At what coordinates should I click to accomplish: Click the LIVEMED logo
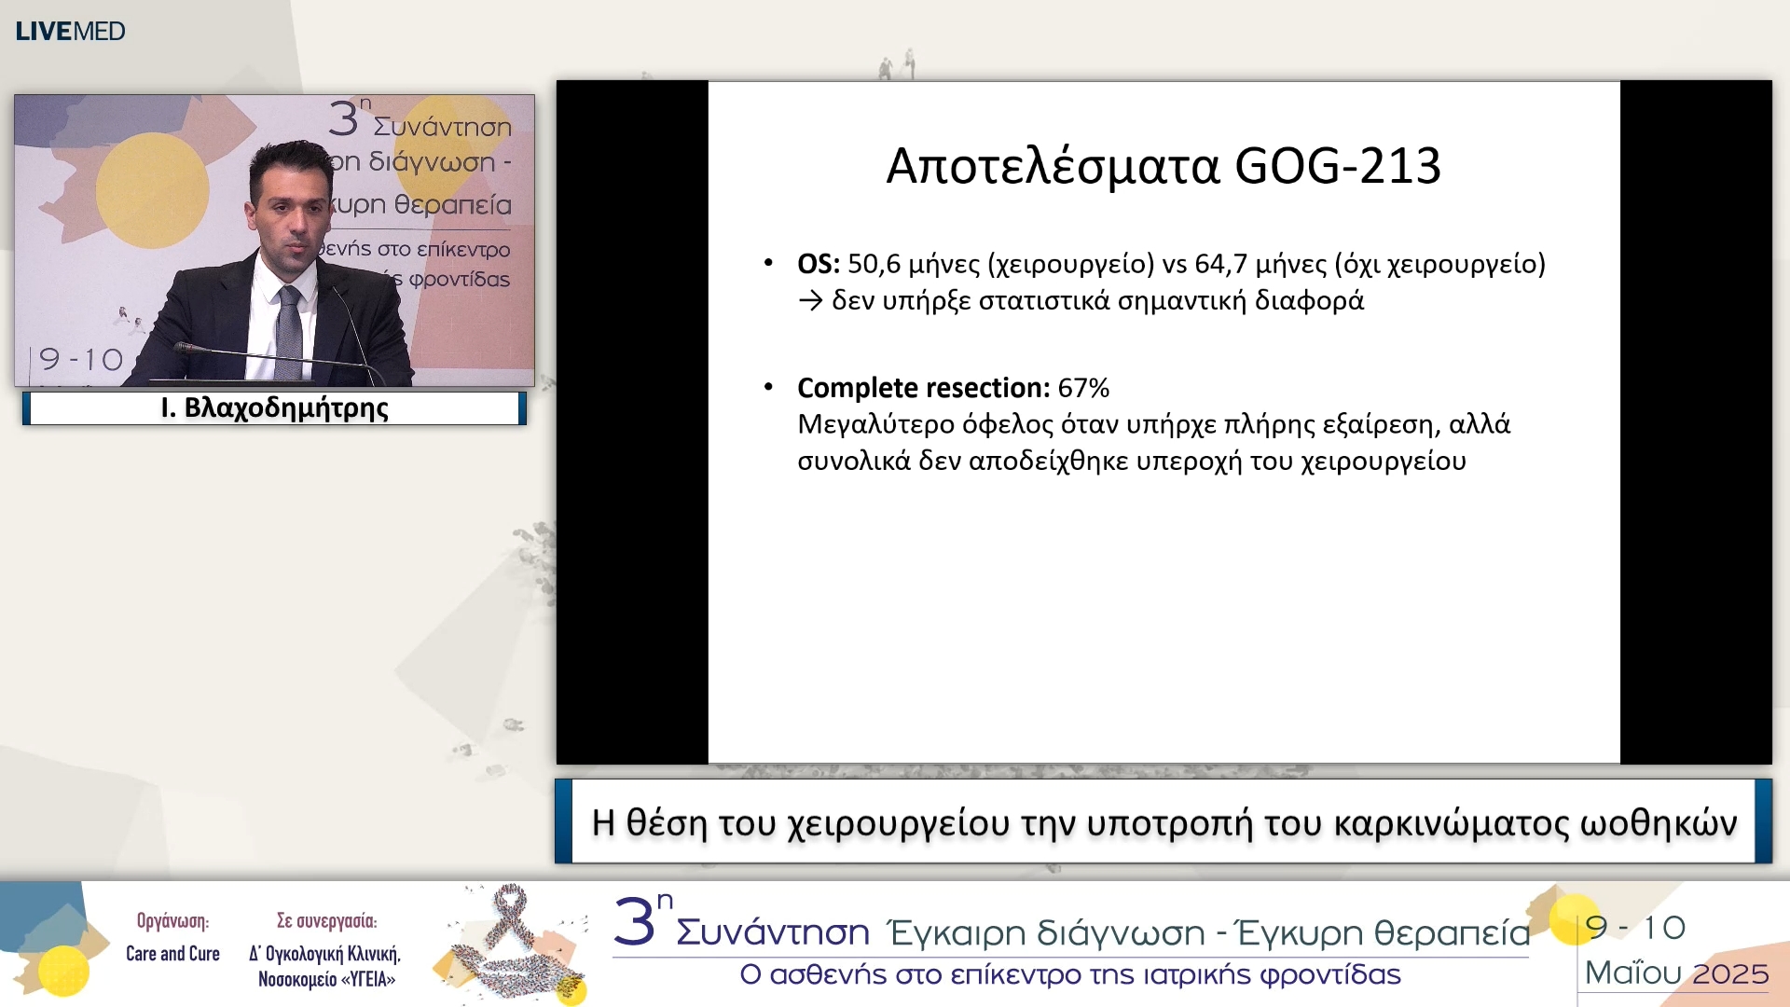(x=70, y=31)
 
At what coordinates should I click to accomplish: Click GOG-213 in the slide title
(x=1337, y=167)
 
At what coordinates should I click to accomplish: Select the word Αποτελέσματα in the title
(x=1053, y=167)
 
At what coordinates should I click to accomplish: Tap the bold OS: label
(x=818, y=265)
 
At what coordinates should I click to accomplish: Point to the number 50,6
(x=874, y=265)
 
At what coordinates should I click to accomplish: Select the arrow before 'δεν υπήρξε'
(x=810, y=301)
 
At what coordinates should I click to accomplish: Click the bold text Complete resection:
(x=923, y=388)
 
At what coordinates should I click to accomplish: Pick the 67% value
(x=1083, y=388)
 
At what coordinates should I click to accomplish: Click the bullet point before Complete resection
(x=768, y=386)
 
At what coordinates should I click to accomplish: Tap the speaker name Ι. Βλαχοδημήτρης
(x=274, y=408)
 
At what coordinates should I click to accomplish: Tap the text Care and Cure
(x=172, y=954)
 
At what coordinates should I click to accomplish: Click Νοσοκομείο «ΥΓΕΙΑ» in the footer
(x=326, y=980)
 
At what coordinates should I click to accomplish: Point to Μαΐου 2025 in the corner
(x=1676, y=973)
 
